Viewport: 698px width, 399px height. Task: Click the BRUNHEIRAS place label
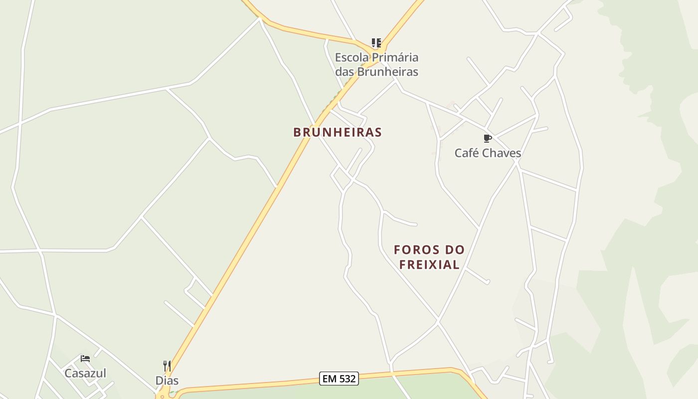tap(338, 132)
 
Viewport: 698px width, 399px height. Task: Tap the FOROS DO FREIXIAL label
tap(429, 257)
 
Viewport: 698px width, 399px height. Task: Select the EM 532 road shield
tap(339, 379)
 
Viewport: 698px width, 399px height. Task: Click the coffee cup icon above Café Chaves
tap(488, 138)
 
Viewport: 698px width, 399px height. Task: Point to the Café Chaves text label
tap(488, 153)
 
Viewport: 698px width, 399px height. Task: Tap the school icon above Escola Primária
tap(376, 43)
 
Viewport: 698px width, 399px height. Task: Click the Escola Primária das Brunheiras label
tap(376, 64)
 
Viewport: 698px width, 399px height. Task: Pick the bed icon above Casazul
tap(85, 359)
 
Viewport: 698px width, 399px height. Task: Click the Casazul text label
tap(85, 373)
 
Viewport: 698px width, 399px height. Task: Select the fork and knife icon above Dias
tap(167, 366)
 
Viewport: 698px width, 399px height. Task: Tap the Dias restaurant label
tap(167, 381)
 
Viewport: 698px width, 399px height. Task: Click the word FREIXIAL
tap(429, 264)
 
